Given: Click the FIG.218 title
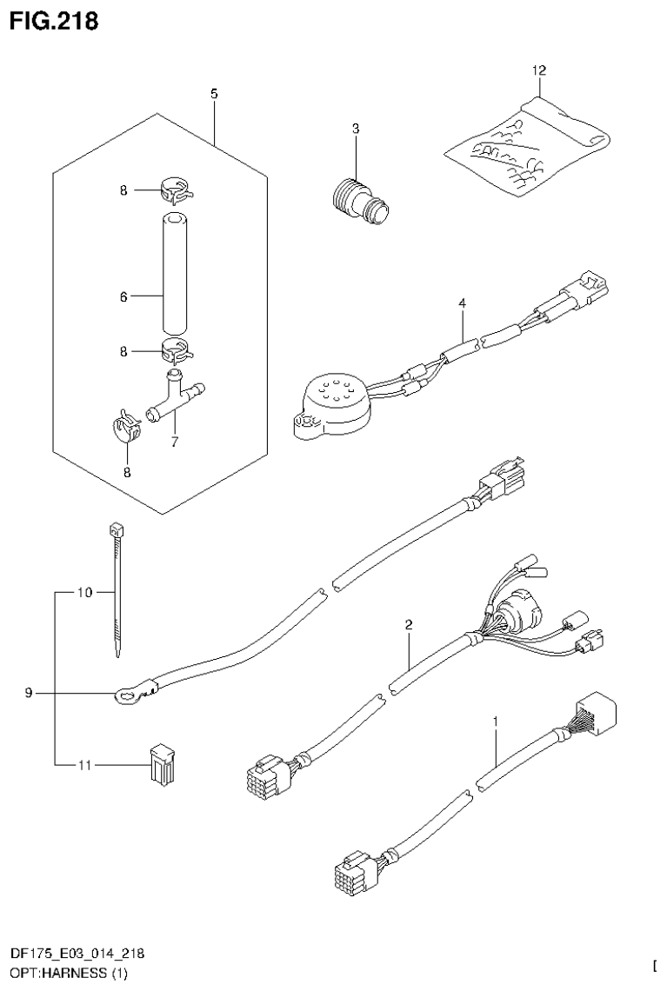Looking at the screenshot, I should tap(54, 21).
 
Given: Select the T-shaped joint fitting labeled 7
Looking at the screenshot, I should tap(177, 396).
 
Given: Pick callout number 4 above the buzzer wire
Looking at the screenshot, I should tap(463, 303).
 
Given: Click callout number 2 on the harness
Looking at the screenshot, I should tap(408, 624).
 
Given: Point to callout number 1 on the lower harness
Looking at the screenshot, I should tap(496, 722).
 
